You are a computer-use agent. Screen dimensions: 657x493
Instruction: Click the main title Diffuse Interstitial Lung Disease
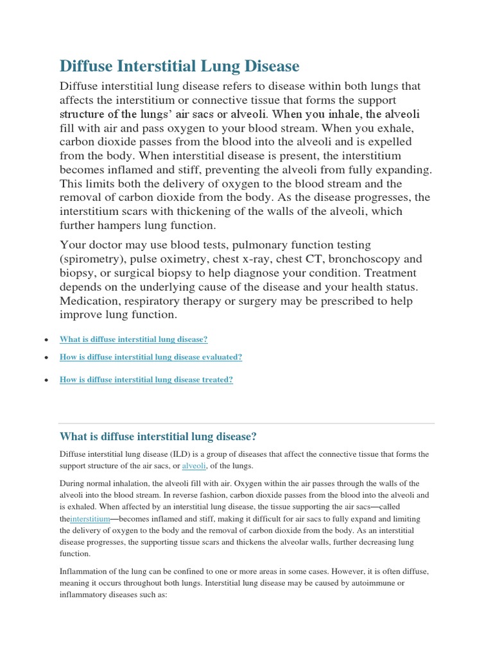[x=179, y=66]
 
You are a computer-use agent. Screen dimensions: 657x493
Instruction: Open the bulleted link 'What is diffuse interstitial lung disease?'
[x=134, y=339]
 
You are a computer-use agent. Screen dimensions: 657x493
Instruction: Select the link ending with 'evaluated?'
[x=150, y=357]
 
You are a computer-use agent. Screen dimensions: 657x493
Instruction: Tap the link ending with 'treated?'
[x=146, y=380]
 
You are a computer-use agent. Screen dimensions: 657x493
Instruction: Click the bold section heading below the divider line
[x=158, y=437]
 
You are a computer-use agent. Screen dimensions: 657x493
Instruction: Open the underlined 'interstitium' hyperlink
[x=91, y=518]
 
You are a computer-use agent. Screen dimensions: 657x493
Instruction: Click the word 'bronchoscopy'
[x=369, y=259]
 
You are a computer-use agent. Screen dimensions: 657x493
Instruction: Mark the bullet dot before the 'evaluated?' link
[x=46, y=358]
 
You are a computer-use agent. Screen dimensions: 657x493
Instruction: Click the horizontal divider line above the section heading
[x=246, y=423]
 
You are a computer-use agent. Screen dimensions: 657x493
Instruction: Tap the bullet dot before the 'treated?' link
[x=46, y=380]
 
